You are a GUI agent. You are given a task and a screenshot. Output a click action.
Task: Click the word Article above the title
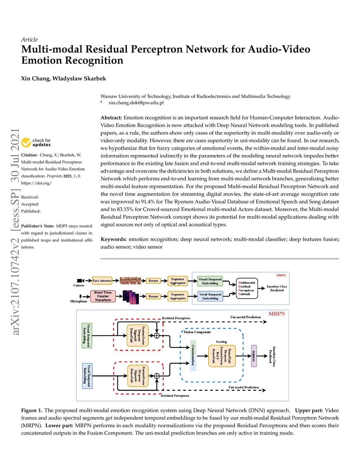(x=29, y=40)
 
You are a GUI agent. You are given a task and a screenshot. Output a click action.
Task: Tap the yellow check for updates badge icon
(x=26, y=142)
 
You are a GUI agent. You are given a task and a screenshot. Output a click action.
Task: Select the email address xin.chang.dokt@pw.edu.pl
(x=136, y=103)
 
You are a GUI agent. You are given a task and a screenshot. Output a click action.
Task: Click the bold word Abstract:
(x=111, y=118)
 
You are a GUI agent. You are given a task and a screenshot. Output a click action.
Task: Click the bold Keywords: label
(x=114, y=239)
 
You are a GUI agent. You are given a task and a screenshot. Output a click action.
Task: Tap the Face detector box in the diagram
(x=102, y=281)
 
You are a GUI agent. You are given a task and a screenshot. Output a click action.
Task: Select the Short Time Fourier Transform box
(x=103, y=296)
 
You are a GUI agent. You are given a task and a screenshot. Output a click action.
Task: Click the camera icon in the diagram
(x=81, y=281)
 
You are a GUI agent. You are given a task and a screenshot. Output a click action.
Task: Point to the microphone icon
(x=81, y=296)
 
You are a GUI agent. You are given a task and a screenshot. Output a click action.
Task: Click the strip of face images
(x=130, y=281)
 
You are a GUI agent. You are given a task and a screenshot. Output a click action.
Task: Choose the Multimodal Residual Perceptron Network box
(x=247, y=288)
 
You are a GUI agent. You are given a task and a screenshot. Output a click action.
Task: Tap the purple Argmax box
(x=254, y=356)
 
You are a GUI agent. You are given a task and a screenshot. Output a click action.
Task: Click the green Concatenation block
(x=193, y=355)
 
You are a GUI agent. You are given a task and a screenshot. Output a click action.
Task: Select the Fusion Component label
(x=197, y=332)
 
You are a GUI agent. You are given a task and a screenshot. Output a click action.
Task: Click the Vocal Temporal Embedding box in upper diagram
(x=210, y=296)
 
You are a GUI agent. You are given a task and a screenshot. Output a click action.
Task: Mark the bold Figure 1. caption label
(x=32, y=410)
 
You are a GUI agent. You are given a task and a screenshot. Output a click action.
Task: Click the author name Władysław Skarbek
(x=79, y=78)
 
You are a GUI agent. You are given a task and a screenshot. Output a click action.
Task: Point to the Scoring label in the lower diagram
(x=221, y=341)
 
